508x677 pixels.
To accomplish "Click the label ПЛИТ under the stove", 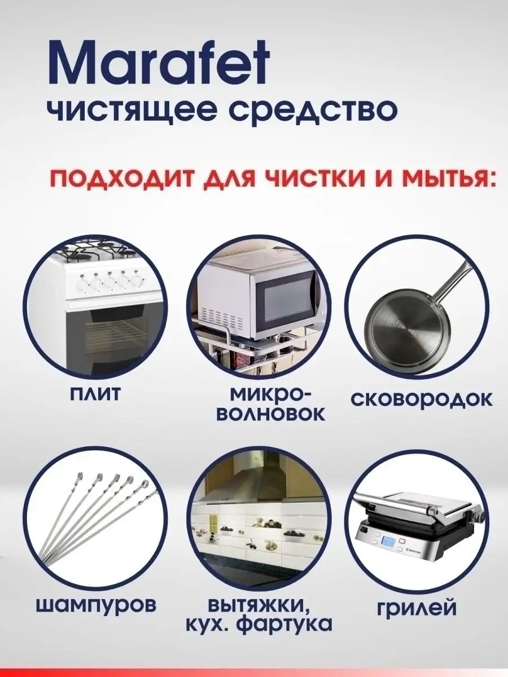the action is (x=95, y=394).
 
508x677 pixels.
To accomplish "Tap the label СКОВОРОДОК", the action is (x=422, y=399).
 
